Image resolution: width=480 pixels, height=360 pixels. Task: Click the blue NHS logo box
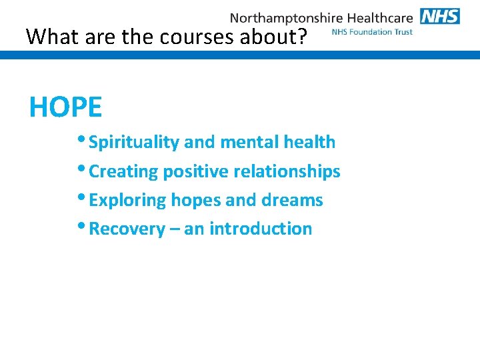[440, 16]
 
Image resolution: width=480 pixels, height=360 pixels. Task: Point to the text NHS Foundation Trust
[371, 32]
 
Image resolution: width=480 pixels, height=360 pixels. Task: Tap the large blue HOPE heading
[65, 107]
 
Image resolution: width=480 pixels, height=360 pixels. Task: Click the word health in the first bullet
[309, 142]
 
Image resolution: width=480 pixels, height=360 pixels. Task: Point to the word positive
[184, 171]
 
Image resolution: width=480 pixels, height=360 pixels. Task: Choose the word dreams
[294, 200]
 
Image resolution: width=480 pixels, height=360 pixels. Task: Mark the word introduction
[261, 229]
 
